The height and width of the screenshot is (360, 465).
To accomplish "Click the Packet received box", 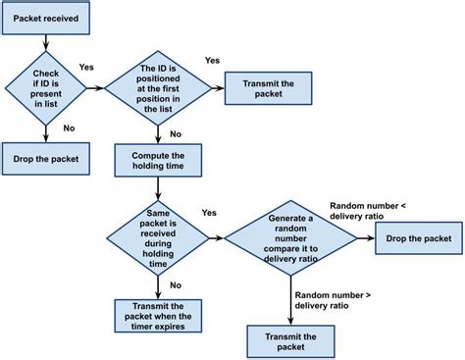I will [x=46, y=18].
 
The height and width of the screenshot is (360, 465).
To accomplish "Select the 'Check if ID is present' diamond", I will [x=46, y=89].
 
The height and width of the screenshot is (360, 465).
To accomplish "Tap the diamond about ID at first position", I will [x=158, y=89].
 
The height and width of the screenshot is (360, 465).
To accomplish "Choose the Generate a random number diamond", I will [x=291, y=238].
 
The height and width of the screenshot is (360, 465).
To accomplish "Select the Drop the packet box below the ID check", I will [x=46, y=157].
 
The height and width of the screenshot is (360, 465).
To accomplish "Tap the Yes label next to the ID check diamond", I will [x=86, y=69].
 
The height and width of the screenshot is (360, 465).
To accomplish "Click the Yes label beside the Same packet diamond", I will [x=209, y=213].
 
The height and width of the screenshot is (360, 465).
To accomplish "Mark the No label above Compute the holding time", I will [x=175, y=133].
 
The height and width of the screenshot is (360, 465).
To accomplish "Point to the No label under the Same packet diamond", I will [x=175, y=284].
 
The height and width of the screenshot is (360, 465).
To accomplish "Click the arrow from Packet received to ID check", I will [x=46, y=42].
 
